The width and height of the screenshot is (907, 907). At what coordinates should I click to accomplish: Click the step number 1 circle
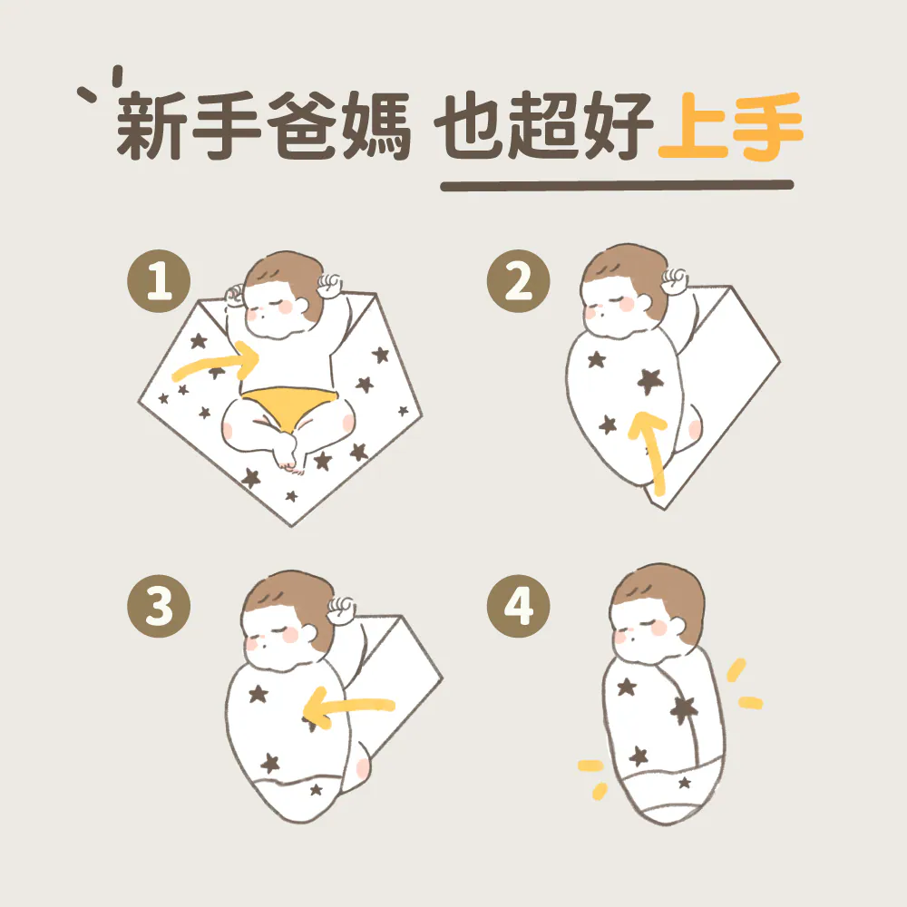tap(159, 281)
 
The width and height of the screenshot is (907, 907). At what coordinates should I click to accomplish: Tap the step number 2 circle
tap(518, 281)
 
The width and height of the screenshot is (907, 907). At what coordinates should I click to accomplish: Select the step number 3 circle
tap(159, 606)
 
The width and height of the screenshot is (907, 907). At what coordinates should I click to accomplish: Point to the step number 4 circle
tap(518, 606)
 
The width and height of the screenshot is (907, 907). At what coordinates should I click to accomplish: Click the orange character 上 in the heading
tap(692, 125)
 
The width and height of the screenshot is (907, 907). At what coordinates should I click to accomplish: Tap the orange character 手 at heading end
tap(767, 125)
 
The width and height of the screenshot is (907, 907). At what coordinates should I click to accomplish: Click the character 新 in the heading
tap(152, 125)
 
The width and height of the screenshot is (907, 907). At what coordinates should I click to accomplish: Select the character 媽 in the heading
tap(376, 125)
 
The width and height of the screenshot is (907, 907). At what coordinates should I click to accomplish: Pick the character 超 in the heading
tap(545, 125)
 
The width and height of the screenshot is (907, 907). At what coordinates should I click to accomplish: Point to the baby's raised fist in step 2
tap(675, 280)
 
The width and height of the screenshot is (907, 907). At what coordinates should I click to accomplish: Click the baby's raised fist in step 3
tap(343, 610)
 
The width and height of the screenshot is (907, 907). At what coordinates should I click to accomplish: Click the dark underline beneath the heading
tap(617, 185)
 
